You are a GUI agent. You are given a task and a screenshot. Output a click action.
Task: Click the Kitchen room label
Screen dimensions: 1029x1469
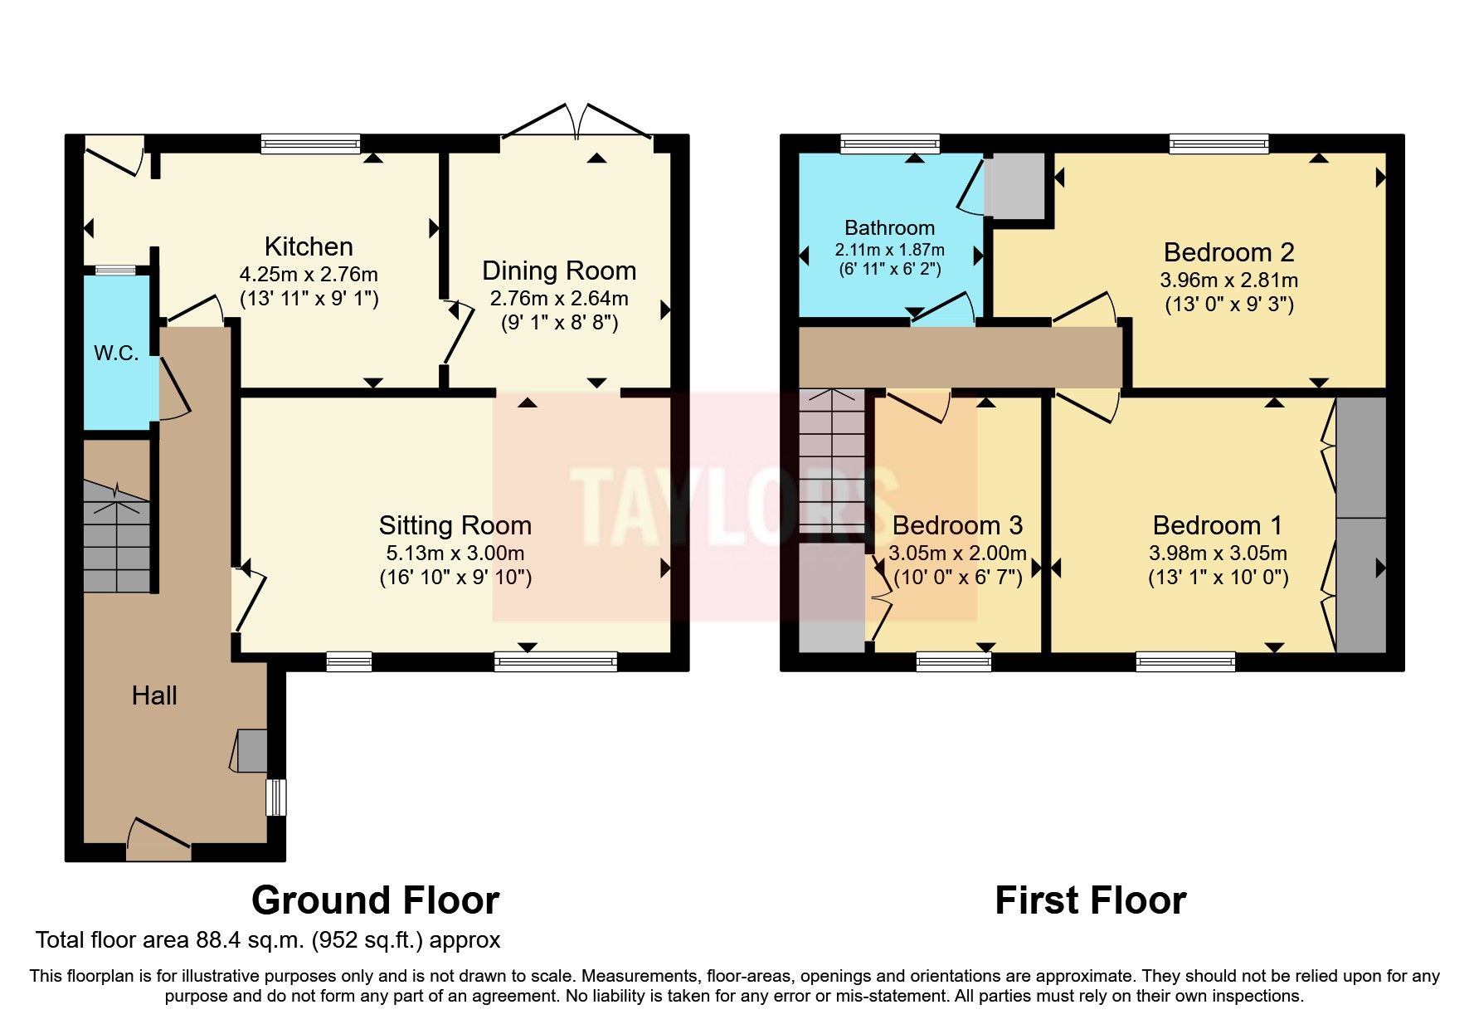(x=309, y=246)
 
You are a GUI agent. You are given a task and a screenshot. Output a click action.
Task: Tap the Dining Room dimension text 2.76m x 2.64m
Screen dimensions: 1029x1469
(x=559, y=298)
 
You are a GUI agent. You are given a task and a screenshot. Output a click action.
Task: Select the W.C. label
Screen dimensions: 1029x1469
(x=116, y=353)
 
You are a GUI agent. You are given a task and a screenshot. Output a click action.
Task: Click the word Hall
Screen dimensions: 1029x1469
(x=154, y=695)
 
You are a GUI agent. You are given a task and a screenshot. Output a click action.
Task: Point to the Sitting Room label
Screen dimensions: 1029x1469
(x=455, y=525)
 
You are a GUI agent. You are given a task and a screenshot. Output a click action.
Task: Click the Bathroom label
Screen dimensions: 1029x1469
(x=889, y=227)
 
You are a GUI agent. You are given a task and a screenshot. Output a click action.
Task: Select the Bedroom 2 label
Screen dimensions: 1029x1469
(x=1228, y=252)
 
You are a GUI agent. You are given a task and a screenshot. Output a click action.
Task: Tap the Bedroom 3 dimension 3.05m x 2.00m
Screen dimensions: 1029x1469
(x=957, y=553)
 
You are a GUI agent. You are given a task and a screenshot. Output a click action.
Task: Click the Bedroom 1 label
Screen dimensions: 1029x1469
(x=1217, y=525)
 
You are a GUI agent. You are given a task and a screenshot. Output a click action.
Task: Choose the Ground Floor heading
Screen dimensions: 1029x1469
(x=375, y=900)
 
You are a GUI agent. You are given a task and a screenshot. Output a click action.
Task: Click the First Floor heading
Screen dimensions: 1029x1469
(x=1090, y=900)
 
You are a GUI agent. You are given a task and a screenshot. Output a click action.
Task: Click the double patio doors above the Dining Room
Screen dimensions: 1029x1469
(x=577, y=124)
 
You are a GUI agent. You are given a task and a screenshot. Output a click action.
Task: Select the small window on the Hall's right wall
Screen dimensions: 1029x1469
(x=275, y=797)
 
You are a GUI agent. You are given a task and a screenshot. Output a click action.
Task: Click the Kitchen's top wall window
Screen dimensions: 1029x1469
(x=311, y=144)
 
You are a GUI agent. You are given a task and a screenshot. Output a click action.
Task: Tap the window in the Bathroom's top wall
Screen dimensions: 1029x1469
(x=890, y=144)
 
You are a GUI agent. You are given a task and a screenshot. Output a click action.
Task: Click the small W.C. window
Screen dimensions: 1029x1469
(x=114, y=270)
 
